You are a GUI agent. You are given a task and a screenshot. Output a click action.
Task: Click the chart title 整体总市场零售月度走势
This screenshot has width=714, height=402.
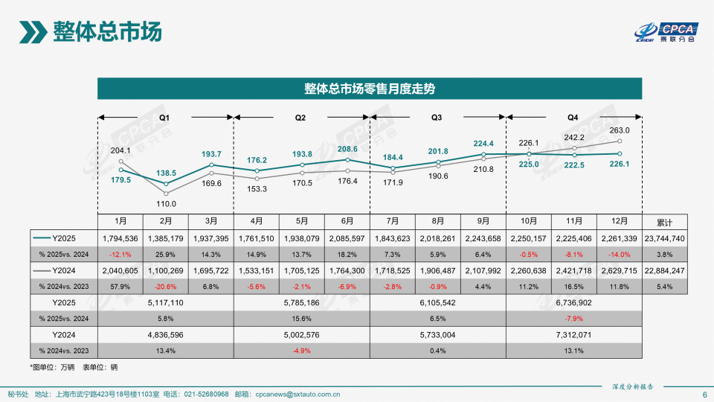(369, 89)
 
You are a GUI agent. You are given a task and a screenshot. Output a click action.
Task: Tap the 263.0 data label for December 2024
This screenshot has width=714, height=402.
(619, 130)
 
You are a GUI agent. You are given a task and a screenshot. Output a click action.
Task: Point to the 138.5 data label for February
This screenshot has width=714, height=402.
(167, 172)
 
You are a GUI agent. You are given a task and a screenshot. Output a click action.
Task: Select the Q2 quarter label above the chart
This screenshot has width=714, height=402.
(300, 118)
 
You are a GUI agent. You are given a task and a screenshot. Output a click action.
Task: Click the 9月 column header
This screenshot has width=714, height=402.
(483, 222)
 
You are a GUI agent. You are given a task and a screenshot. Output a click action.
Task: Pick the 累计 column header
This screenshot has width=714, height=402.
(665, 222)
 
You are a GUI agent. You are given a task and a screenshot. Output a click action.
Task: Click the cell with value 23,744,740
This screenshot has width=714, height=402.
(665, 238)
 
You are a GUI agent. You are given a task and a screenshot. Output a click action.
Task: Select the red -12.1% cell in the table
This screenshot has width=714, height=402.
(120, 254)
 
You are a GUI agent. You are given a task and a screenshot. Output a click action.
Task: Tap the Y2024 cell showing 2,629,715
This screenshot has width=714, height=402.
(619, 270)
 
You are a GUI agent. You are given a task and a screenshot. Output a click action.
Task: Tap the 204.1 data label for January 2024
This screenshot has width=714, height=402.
(120, 150)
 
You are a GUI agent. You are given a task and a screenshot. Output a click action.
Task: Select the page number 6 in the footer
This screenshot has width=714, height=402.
(704, 395)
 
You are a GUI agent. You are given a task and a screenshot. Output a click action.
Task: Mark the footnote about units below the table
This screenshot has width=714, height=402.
(74, 367)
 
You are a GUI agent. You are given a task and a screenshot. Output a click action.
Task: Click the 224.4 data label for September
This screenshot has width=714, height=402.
(483, 144)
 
